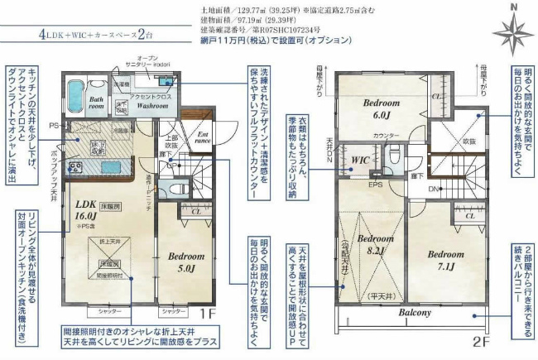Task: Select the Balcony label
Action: pos(415,313)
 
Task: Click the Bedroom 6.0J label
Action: pos(381,108)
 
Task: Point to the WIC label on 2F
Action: pos(359,160)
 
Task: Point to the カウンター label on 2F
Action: pos(385,135)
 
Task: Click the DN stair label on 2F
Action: pos(433,189)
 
